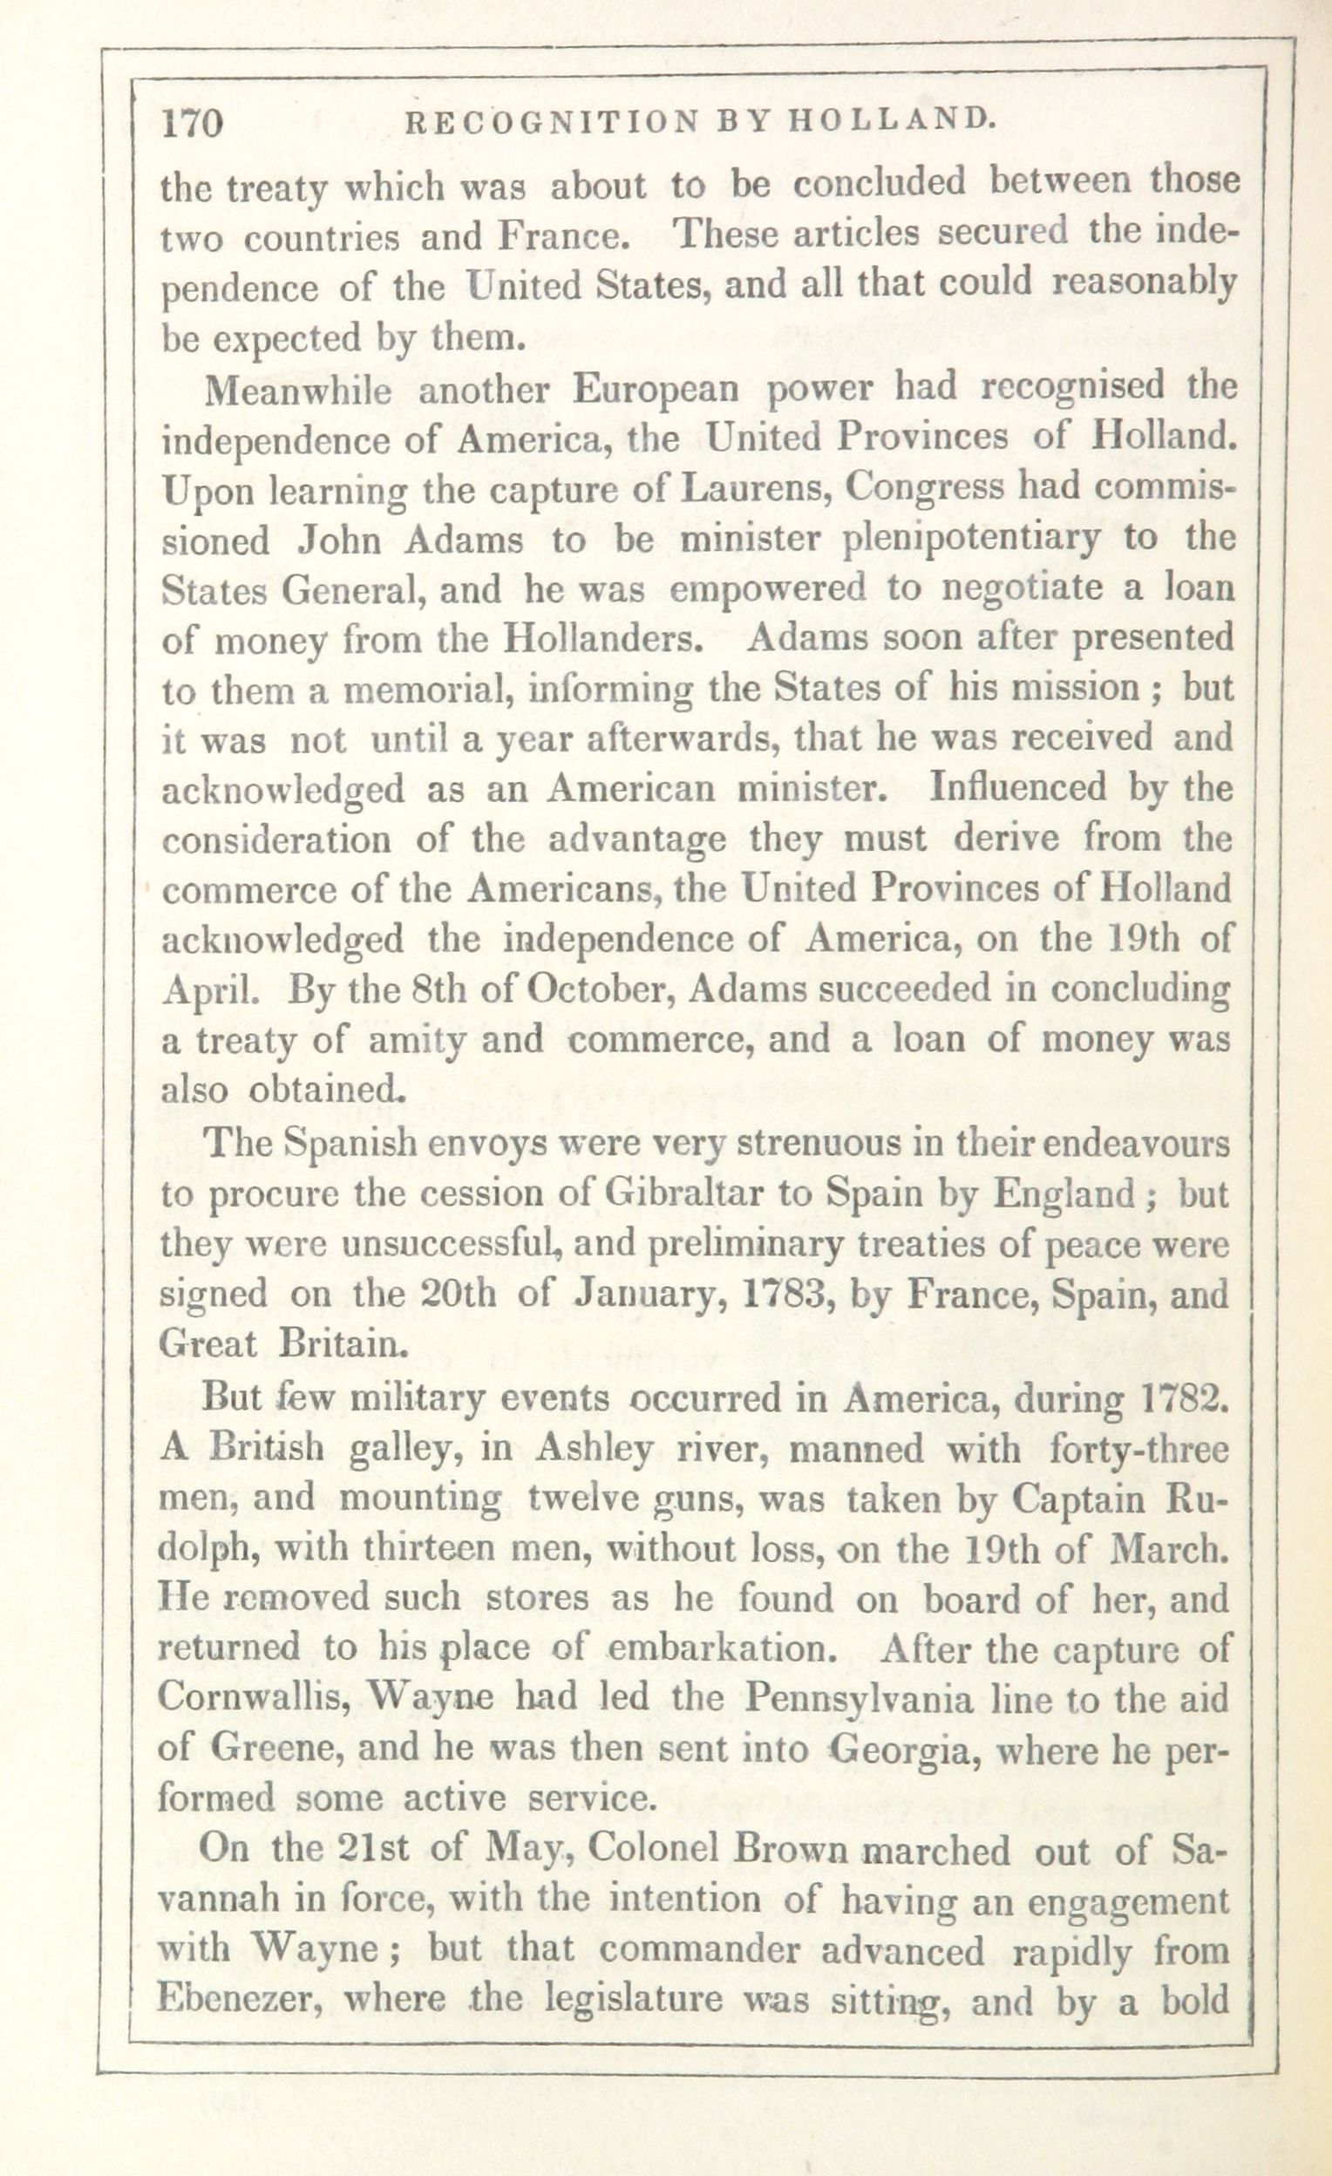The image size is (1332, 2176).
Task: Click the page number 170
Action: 193,124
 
